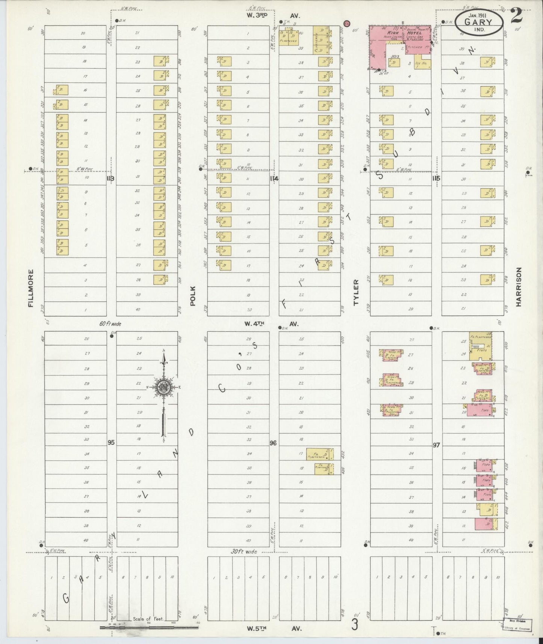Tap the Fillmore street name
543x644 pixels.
click(x=31, y=288)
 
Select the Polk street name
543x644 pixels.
click(x=193, y=295)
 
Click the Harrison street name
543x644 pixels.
click(x=519, y=287)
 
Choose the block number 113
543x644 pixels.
click(x=110, y=178)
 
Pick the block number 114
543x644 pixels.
click(x=274, y=179)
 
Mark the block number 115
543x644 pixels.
click(x=436, y=178)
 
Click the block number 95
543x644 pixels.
click(x=110, y=442)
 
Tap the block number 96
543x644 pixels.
click(x=273, y=443)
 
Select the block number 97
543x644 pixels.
click(x=436, y=445)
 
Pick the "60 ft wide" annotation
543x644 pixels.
click(x=110, y=323)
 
